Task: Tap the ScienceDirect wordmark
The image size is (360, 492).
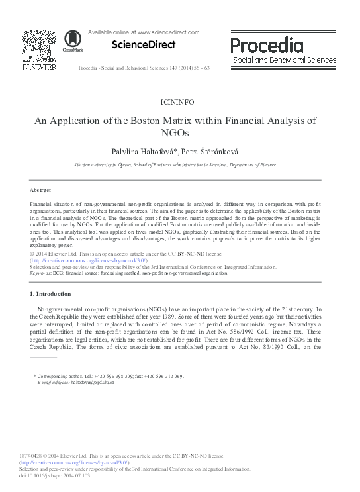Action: (144, 45)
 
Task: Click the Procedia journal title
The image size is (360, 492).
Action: (267, 45)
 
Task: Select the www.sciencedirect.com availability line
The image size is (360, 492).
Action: (144, 32)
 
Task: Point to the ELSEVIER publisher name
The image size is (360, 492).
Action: (38, 68)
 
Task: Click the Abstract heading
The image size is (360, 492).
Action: (41, 190)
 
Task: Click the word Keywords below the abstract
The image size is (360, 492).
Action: (41, 272)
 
